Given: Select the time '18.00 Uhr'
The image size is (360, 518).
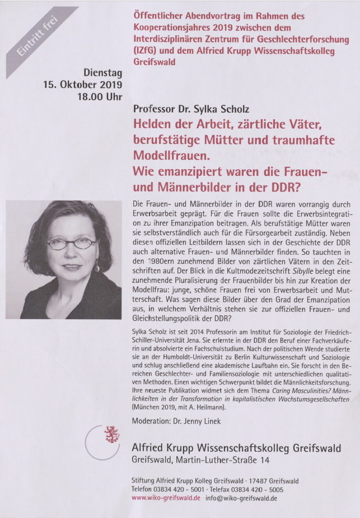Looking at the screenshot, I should pyautogui.click(x=100, y=96).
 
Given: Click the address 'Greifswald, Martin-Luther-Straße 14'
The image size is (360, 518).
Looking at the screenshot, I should pyautogui.click(x=200, y=460).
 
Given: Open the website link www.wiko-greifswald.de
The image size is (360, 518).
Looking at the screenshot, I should pyautogui.click(x=166, y=498).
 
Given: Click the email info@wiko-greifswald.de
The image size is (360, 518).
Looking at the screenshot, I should pyautogui.click(x=241, y=498).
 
